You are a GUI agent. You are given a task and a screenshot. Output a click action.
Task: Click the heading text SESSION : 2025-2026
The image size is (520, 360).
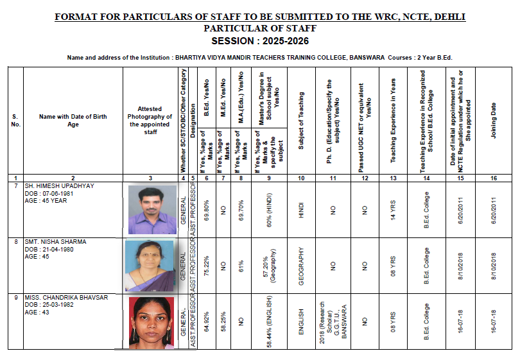click(x=259, y=40)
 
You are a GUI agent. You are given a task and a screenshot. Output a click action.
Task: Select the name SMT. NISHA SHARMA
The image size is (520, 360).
click(x=55, y=242)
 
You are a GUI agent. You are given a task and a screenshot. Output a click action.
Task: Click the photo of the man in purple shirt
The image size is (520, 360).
click(x=152, y=209)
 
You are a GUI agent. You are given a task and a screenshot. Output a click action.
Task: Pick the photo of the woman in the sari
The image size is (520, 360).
click(x=148, y=266)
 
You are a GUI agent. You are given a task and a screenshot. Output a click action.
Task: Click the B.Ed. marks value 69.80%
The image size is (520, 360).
click(x=206, y=209)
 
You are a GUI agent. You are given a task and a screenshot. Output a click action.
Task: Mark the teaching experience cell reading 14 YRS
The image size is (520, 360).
click(x=393, y=209)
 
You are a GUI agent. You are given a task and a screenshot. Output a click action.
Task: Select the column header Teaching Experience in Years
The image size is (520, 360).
click(x=393, y=120)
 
